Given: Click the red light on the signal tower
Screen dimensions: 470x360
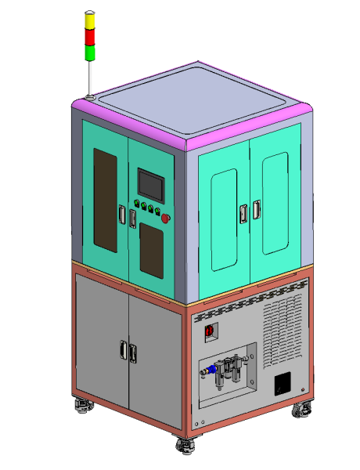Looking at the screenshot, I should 90,36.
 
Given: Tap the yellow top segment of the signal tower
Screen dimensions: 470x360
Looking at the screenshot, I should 90,21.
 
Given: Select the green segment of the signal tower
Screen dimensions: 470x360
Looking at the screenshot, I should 90,52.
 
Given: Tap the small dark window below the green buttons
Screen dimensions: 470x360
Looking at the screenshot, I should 150,250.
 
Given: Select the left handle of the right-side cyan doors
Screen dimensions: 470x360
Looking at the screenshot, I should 243,213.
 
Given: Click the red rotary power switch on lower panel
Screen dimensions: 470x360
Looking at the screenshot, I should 210,333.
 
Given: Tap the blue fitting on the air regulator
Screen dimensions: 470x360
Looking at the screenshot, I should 212,366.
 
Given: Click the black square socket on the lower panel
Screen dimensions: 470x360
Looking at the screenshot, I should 283,384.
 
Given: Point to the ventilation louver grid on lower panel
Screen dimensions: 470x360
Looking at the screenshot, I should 283,328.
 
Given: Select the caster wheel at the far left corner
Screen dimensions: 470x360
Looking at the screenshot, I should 81,405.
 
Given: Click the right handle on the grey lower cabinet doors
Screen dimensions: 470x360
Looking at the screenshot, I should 133,354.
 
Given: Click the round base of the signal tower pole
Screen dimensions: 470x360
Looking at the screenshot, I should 89,97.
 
